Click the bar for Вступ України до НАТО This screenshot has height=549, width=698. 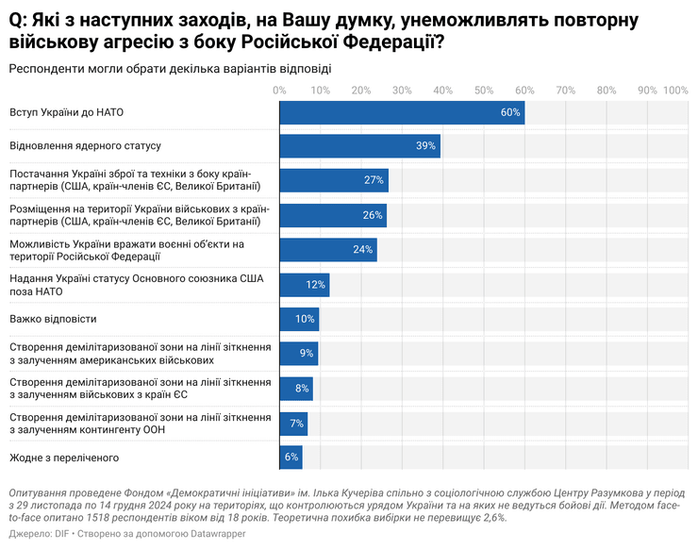(x=402, y=112)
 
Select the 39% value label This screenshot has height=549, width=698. (x=425, y=146)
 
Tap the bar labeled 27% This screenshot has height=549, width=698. (x=334, y=180)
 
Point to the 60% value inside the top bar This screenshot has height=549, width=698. (x=510, y=112)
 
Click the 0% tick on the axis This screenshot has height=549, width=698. (x=279, y=91)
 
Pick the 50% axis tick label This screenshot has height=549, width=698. (x=484, y=91)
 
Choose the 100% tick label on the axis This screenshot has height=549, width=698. (x=675, y=91)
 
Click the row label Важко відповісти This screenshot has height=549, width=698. (x=53, y=319)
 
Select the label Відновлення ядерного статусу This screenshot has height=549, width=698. (x=85, y=146)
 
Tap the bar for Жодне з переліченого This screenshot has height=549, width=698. (x=291, y=457)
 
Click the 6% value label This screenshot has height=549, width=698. (x=291, y=457)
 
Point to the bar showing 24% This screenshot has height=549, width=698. (x=328, y=250)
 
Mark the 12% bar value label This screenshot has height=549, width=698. (x=316, y=284)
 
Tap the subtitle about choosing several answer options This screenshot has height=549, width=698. (x=170, y=68)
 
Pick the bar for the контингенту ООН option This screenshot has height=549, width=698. (x=293, y=423)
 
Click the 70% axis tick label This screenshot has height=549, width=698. (x=566, y=91)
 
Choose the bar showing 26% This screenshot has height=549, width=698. (x=333, y=215)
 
